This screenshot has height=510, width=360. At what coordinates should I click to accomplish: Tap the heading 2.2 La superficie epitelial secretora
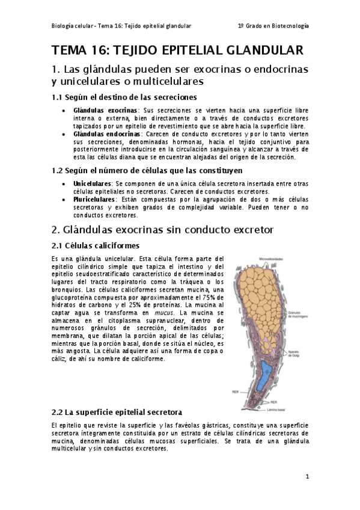(x=117, y=413)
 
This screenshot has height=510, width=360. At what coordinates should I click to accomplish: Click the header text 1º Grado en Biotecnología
(x=273, y=26)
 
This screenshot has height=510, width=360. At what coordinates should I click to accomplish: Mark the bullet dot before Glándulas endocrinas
(x=64, y=134)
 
